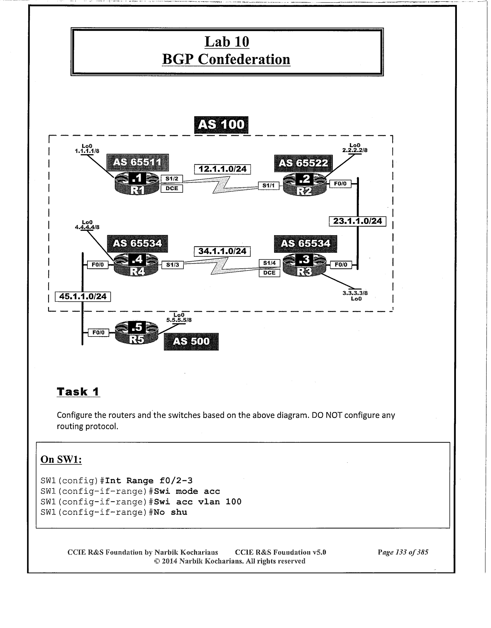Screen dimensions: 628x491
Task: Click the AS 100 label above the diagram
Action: click(221, 125)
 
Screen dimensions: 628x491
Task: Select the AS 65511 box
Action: click(137, 162)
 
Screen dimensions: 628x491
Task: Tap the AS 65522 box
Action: click(303, 163)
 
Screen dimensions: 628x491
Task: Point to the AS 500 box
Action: click(191, 341)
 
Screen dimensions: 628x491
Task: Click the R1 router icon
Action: click(137, 184)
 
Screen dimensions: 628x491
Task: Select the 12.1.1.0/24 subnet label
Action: click(222, 169)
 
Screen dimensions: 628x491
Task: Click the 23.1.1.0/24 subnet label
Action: click(357, 221)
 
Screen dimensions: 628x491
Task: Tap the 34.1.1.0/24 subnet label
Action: click(222, 251)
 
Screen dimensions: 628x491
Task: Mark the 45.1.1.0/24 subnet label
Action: click(83, 296)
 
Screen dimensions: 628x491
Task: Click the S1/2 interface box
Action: click(172, 179)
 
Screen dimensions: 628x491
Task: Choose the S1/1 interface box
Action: click(269, 186)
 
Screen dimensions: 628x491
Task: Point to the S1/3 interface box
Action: click(172, 265)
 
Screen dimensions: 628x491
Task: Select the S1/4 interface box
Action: click(269, 263)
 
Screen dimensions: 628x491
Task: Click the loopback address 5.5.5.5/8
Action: click(179, 320)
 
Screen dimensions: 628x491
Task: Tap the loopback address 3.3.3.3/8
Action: click(355, 293)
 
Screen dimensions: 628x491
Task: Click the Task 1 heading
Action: click(78, 392)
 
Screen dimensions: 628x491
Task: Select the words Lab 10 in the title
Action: click(227, 42)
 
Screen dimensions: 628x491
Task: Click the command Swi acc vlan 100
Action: click(198, 502)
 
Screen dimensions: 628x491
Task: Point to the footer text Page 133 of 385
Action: click(403, 552)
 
